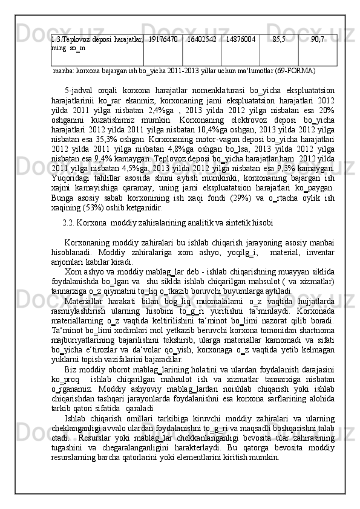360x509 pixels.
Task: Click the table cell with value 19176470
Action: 163,39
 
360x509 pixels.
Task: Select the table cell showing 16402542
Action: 201,39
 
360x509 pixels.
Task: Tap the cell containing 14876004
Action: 240,39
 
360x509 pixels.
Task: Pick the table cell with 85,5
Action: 279,39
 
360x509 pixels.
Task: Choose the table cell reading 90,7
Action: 317,39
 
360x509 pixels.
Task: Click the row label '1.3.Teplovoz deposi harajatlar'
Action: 97,39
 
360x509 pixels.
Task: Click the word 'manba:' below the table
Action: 64,71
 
